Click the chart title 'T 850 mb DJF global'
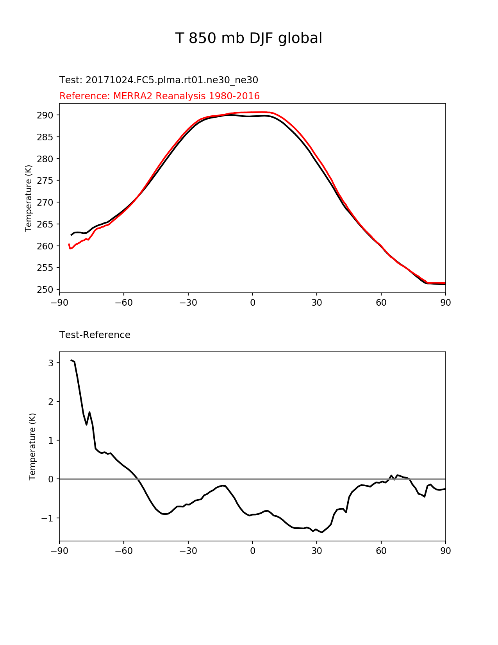point(248,38)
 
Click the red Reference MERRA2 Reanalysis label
point(159,96)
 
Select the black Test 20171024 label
point(159,80)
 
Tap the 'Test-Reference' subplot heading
point(95,335)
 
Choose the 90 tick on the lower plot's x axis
point(445,551)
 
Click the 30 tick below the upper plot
point(317,303)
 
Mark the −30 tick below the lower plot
point(188,551)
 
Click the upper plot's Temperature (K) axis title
point(29,198)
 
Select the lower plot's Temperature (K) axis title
point(32,446)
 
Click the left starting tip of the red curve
point(69,244)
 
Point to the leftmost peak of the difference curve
point(71,360)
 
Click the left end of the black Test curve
point(71,235)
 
